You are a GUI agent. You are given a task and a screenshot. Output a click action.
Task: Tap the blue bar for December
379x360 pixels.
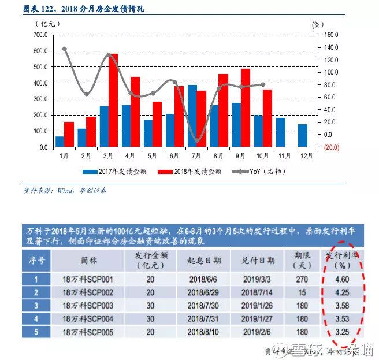(x=303, y=136)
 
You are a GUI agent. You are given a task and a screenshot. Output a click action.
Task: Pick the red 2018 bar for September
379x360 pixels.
(x=246, y=107)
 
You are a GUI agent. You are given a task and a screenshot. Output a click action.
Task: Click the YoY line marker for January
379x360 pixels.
(x=64, y=49)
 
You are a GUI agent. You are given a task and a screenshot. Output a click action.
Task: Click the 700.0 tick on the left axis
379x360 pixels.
(x=40, y=35)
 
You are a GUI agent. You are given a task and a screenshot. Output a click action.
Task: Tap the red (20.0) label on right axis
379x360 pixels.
(x=331, y=147)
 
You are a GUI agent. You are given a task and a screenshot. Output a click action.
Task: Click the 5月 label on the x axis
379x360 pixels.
(x=153, y=155)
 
